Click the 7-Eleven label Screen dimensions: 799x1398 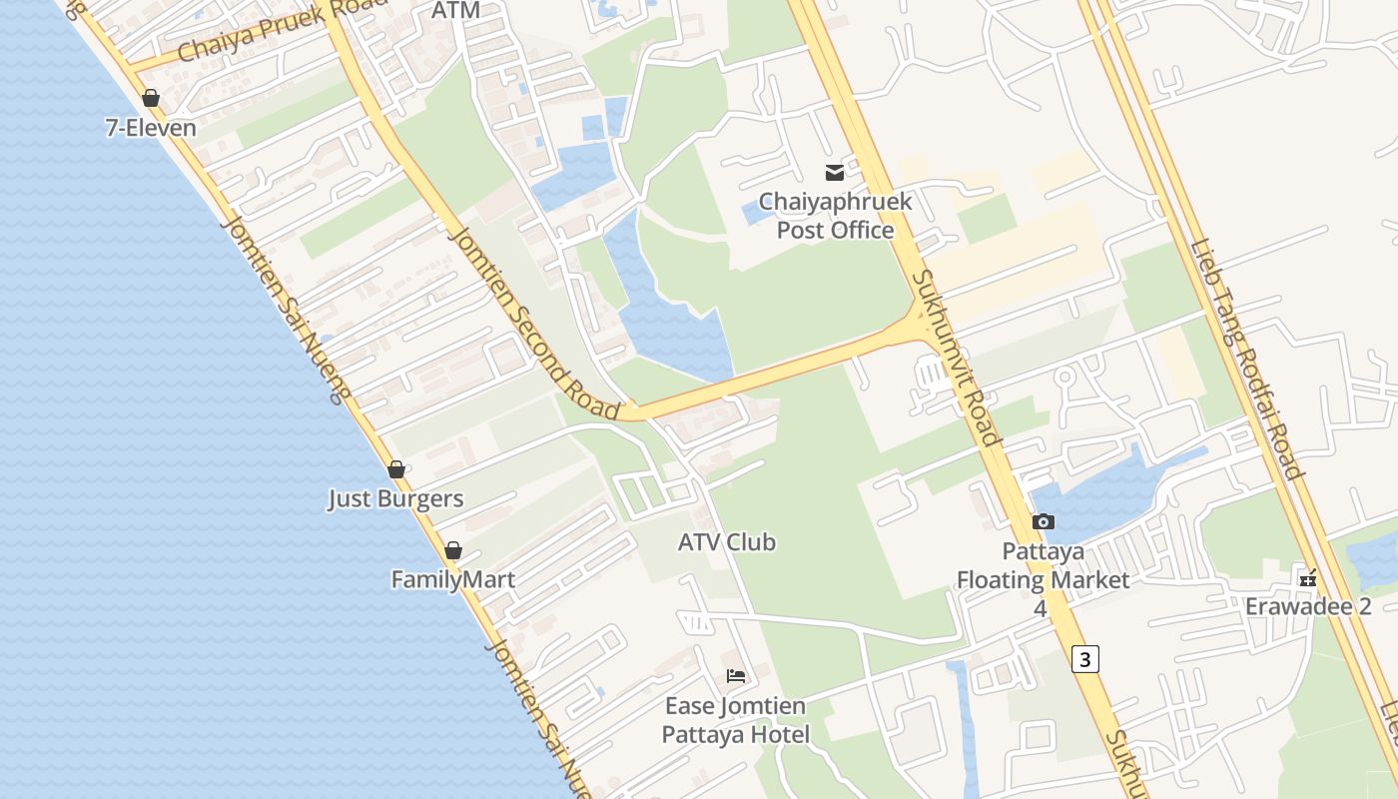coord(151,128)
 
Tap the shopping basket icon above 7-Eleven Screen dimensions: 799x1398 coord(151,98)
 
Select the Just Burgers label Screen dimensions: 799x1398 coord(395,498)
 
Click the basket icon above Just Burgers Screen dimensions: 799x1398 coord(396,469)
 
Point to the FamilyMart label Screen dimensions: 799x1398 coord(452,579)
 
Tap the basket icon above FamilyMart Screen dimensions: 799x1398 coord(453,550)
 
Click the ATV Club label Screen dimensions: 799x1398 coord(726,542)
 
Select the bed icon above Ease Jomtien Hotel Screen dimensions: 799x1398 coord(736,676)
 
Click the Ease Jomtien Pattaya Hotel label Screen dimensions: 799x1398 coord(736,720)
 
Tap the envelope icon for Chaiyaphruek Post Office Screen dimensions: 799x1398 coord(834,173)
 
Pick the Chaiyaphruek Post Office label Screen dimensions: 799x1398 coord(835,216)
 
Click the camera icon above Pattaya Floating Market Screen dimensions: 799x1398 coord(1044,521)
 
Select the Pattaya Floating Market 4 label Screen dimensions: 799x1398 coord(1044,579)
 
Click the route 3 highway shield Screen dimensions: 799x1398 coord(1085,659)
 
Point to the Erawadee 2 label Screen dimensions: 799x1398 coord(1307,606)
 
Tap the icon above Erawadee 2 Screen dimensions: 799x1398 coord(1308,578)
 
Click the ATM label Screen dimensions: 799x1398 coord(456,11)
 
